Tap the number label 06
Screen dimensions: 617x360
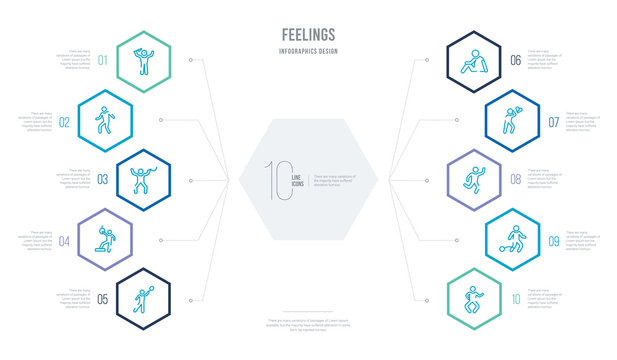[514, 59]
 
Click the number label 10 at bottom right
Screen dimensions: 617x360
[514, 298]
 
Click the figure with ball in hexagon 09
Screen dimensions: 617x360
[502, 239]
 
